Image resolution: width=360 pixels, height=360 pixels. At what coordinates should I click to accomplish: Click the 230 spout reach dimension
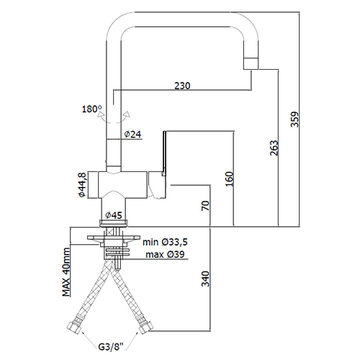click(182, 86)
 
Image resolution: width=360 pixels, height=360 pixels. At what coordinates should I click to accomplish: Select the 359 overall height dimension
click(294, 120)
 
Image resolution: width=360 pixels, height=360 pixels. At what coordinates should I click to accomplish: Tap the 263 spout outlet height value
click(274, 148)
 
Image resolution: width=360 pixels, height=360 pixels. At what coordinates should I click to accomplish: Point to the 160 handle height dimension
click(229, 179)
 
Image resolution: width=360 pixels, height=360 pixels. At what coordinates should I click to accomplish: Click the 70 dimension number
click(205, 206)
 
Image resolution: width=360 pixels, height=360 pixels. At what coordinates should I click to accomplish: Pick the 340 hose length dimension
click(205, 279)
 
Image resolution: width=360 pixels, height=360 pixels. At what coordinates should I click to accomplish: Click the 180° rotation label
click(92, 109)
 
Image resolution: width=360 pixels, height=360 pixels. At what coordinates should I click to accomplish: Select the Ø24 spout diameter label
click(132, 134)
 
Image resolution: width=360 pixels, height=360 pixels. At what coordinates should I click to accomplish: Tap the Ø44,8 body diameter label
click(82, 185)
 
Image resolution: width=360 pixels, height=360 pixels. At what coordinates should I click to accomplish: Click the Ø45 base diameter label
click(114, 215)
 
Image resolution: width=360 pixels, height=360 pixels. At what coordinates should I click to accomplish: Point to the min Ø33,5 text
click(165, 242)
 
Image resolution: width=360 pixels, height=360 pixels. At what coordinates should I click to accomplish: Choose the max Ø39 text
click(166, 254)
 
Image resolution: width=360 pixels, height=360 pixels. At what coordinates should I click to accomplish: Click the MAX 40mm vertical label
click(66, 272)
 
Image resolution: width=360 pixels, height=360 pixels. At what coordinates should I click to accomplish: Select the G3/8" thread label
click(111, 347)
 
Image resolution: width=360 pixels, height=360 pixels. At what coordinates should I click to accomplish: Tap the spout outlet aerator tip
click(251, 63)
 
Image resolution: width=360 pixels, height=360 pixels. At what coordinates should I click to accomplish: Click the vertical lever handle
click(164, 153)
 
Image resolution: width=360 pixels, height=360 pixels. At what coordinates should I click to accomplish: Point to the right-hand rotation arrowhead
click(127, 114)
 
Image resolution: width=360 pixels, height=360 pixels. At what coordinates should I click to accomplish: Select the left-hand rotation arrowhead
click(100, 115)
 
